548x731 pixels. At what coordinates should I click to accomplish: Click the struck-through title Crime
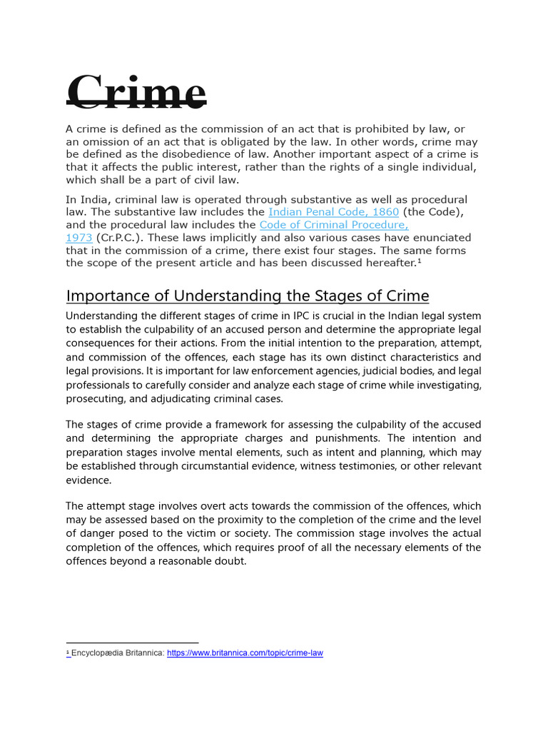coord(137,93)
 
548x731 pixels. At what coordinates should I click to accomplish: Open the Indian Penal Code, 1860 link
coord(334,212)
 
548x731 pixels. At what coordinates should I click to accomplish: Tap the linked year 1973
coord(78,238)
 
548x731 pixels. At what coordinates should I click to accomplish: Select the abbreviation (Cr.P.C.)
coord(122,238)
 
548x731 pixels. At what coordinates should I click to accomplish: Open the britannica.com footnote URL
coord(245,653)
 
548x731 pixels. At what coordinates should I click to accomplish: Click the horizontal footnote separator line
coord(132,642)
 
